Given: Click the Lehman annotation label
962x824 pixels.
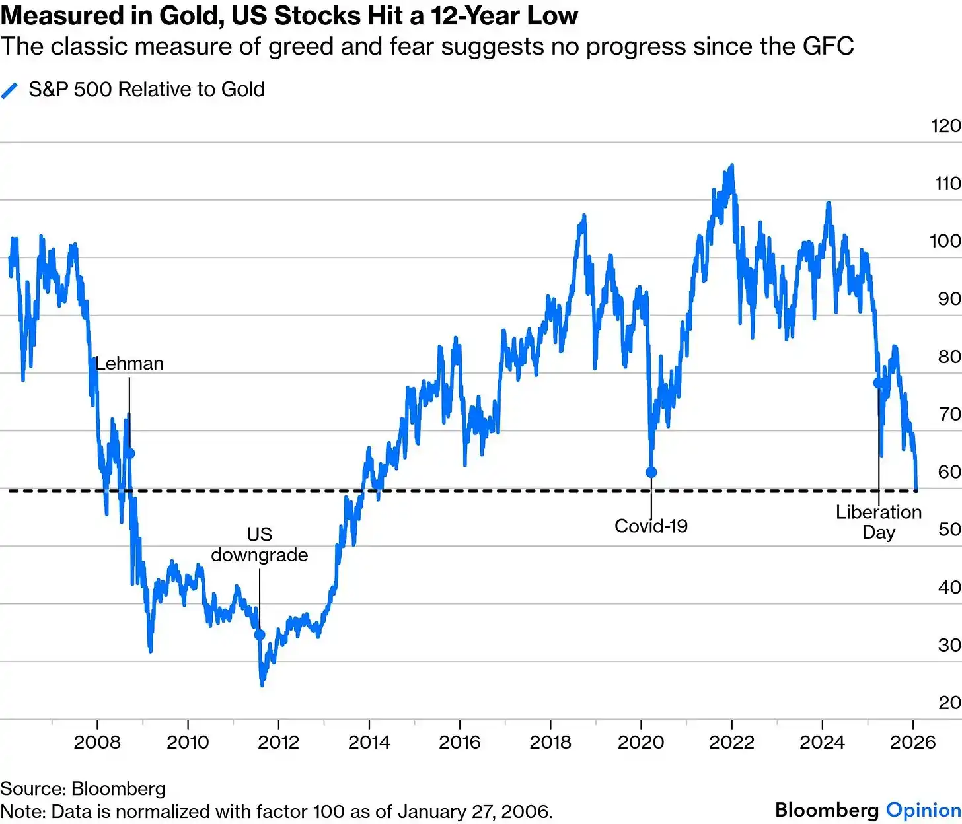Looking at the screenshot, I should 129,364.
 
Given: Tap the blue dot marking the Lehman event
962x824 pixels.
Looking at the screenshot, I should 129,453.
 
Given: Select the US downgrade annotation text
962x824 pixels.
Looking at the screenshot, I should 260,544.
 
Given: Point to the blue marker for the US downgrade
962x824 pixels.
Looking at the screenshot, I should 260,635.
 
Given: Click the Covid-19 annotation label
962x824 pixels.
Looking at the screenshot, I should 651,526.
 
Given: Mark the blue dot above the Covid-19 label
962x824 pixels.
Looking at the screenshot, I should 651,472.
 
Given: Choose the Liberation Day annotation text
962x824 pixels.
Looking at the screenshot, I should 879,522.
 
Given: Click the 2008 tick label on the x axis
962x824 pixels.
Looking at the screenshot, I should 97,742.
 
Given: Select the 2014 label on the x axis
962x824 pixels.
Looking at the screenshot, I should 369,742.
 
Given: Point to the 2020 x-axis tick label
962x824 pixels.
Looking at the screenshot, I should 641,742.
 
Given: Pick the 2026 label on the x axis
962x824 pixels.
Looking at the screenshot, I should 913,742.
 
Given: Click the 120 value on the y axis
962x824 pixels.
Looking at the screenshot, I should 945,126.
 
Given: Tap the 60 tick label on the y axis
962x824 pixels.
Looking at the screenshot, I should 949,472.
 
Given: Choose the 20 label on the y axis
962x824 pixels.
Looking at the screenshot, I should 949,703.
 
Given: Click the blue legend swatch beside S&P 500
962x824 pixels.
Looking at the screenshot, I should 10,90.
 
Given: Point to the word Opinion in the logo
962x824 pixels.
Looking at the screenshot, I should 923,810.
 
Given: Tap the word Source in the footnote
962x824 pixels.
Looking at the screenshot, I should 32,788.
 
